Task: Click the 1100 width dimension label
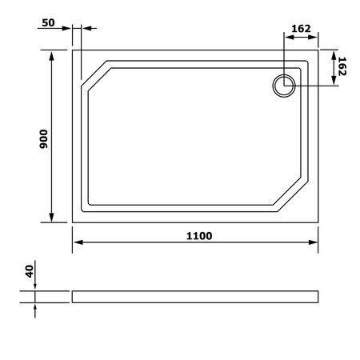tap(199, 236)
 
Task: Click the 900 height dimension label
tap(43, 139)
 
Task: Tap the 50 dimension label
tap(48, 22)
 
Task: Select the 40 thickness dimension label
tap(30, 271)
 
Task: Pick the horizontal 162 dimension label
tap(301, 29)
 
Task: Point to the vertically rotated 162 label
tap(342, 66)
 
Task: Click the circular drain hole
tap(284, 86)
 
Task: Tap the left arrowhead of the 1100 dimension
tap(78, 242)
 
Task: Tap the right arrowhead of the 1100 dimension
tap(313, 242)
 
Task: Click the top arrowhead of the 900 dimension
tap(52, 56)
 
